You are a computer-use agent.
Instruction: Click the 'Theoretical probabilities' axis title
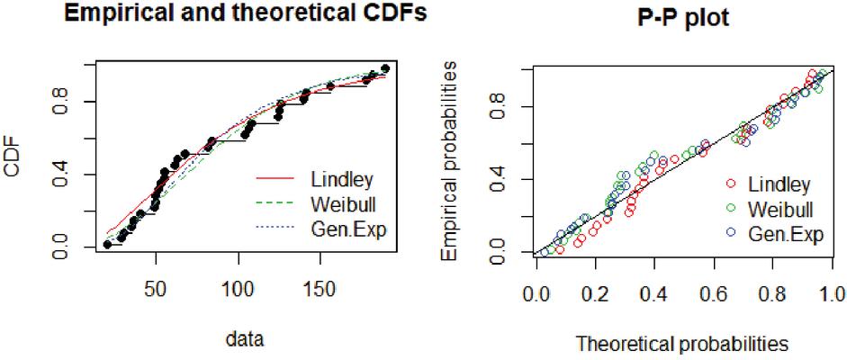[x=681, y=343]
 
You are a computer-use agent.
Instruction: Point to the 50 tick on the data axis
[x=157, y=292]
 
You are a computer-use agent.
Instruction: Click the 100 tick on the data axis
[x=239, y=292]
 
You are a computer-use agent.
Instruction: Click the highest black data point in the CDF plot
[x=385, y=68]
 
